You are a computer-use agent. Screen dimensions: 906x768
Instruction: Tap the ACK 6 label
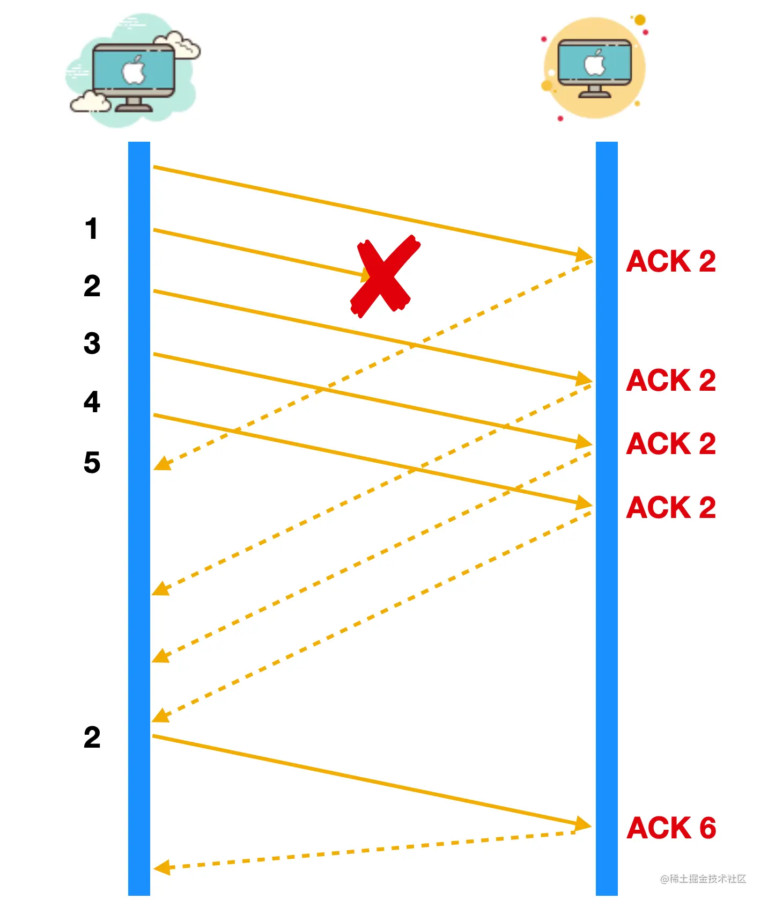[x=671, y=828]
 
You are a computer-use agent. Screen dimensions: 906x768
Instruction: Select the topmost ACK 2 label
[x=671, y=261]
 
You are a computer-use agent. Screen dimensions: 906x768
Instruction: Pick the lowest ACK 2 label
[x=671, y=507]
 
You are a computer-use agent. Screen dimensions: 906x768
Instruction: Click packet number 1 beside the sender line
[x=91, y=229]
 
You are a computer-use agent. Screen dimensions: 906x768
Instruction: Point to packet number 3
[x=92, y=344]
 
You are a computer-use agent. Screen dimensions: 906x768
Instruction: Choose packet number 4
[x=92, y=401]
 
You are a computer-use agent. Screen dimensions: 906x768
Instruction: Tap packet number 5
[x=92, y=462]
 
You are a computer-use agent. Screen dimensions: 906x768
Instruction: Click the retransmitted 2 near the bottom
[x=92, y=737]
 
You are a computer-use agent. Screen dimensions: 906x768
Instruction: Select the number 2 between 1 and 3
[x=92, y=286]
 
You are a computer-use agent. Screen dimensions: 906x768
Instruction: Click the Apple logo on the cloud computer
[x=134, y=70]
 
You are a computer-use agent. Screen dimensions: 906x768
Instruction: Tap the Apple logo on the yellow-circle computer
[x=595, y=63]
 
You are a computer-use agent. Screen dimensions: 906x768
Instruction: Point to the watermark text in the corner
[x=703, y=879]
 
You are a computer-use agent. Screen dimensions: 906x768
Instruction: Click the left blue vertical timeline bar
[x=139, y=515]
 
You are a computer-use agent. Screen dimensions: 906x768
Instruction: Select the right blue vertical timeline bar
[x=607, y=515]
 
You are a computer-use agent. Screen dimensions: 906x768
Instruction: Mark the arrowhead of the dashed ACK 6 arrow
[x=161, y=867]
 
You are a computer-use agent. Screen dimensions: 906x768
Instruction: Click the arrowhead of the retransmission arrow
[x=583, y=824]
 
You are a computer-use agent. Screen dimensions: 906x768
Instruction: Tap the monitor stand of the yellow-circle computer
[x=594, y=92]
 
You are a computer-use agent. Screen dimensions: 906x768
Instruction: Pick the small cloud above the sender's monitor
[x=178, y=44]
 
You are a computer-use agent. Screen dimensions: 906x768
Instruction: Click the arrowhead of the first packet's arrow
[x=584, y=254]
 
